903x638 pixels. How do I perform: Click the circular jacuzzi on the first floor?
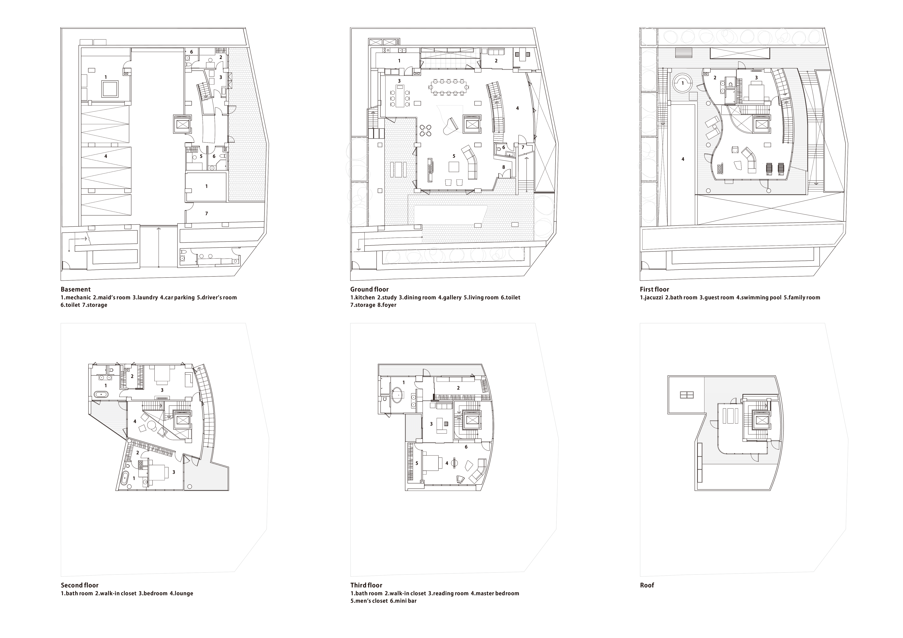point(683,83)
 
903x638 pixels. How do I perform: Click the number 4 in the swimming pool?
point(683,159)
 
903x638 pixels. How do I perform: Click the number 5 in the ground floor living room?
point(454,156)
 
